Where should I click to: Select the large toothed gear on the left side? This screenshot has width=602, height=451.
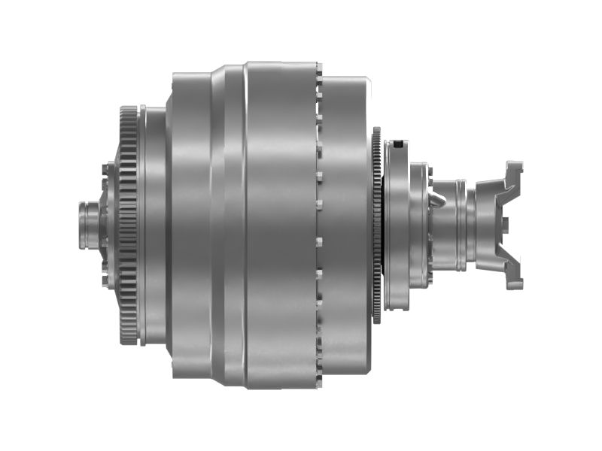128,225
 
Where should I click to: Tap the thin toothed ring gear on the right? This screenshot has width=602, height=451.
376,225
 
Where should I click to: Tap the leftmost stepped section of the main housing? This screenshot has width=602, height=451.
188,225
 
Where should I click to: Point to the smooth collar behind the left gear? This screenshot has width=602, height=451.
154,225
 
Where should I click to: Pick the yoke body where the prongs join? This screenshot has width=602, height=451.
489,225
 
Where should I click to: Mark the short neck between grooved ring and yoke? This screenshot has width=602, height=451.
472,225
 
